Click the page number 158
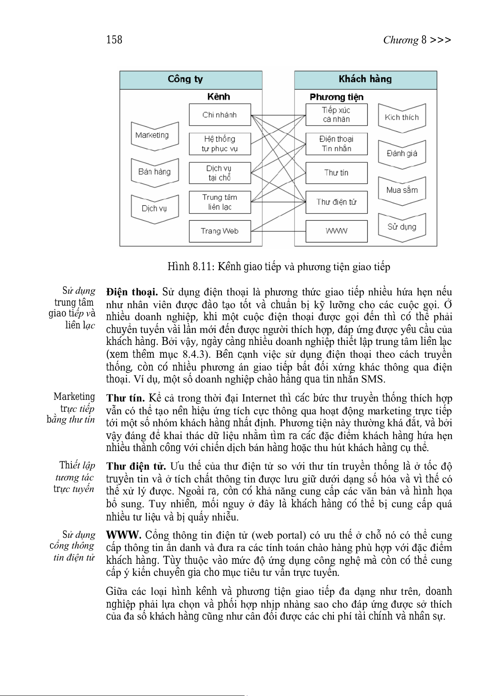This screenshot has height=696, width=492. pos(114,40)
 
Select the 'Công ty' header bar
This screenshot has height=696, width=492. pos(190,80)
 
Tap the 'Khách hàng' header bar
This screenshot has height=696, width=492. pos(365,80)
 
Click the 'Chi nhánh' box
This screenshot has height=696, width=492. pos(220,115)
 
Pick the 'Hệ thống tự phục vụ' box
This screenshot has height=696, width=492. pos(220,144)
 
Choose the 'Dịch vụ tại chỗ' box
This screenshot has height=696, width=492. pos(220,173)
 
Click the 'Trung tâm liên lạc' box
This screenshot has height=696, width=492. pos(220,202)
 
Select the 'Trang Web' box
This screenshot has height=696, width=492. pos(220,231)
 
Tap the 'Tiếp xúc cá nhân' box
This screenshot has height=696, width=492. pos(336,115)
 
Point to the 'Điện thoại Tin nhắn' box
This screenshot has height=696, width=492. pos(336,144)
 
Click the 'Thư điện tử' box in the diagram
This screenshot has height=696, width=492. pos(336,202)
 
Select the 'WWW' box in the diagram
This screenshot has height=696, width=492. pos(336,231)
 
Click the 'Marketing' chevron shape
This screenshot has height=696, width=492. pos(154,135)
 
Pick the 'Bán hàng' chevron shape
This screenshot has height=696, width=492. pos(154,172)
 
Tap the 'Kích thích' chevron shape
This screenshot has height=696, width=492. pos(402,118)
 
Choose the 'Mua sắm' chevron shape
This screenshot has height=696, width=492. pos(402,190)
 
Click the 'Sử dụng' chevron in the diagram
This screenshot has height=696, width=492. pos(402,227)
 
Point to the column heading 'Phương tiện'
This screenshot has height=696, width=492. pos(336,97)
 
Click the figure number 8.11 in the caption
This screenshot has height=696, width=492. pos(202,267)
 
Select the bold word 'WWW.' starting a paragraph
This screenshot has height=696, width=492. pos(124,535)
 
